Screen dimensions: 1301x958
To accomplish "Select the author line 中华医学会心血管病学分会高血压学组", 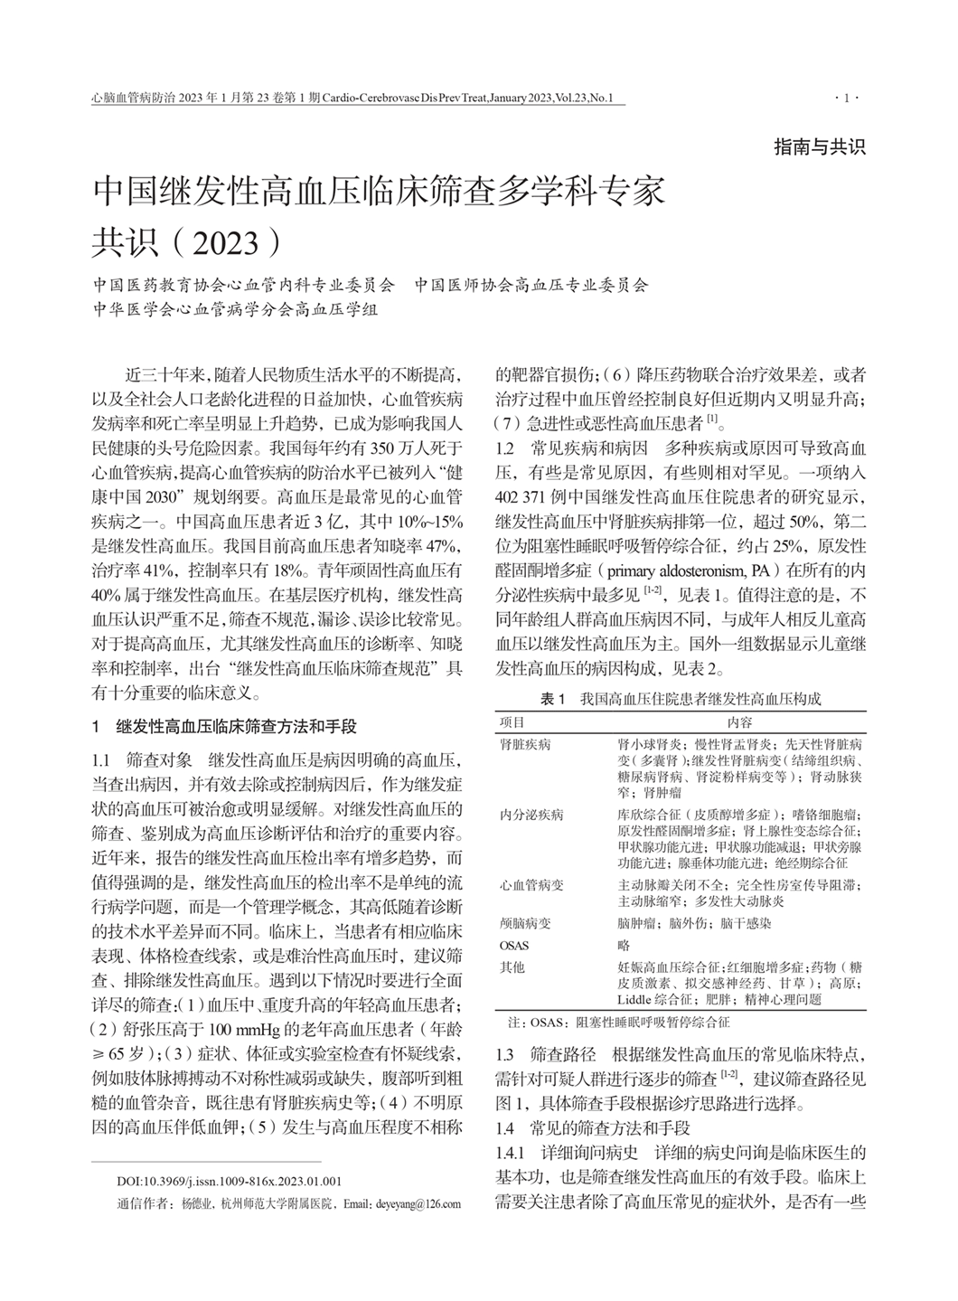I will [x=236, y=308].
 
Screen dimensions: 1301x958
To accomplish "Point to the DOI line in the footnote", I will [x=229, y=1181].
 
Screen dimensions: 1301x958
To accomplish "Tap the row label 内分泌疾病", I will [x=531, y=815].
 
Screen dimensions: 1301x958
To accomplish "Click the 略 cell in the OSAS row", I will [x=624, y=945].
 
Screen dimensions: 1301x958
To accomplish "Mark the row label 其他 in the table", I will [x=512, y=967].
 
